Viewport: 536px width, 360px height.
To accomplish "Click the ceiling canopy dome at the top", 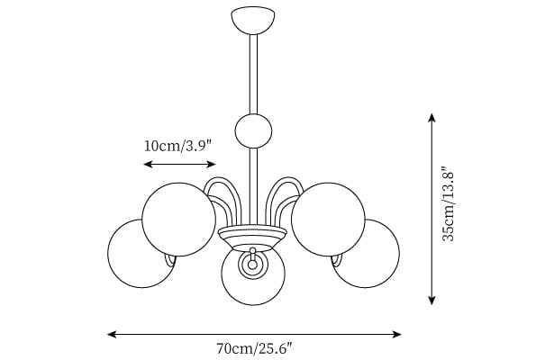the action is pos(253,20).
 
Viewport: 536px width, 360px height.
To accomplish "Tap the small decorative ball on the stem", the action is pos(253,131).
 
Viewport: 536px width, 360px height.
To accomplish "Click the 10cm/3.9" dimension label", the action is pos(178,146).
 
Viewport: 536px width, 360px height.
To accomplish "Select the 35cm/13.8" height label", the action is pos(448,204).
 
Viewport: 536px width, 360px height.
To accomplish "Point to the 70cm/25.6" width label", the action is pos(255,348).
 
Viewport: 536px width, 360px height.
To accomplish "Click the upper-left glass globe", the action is pos(178,220).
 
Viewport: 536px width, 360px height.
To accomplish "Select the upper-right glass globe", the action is pos(328,220).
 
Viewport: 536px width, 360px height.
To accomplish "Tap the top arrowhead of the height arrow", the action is pos(432,118).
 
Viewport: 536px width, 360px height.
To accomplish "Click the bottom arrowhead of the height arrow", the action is pos(432,301).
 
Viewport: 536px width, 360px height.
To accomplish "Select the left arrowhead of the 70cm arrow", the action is pos(112,335).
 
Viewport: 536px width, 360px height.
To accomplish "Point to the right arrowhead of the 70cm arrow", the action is pos(396,335).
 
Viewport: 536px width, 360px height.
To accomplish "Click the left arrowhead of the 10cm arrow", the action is pos(148,165).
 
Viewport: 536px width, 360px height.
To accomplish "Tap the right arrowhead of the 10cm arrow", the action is pos(212,165).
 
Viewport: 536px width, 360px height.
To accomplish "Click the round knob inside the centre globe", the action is pos(252,264).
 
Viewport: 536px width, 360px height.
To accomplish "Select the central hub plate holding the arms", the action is pos(252,236).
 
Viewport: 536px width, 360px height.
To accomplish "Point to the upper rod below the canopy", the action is pos(253,74).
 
